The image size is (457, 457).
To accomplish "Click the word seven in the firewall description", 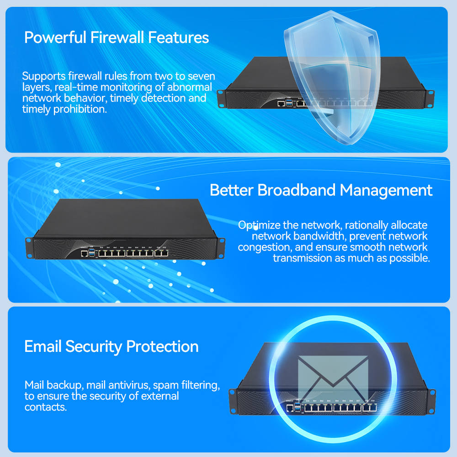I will [200, 76].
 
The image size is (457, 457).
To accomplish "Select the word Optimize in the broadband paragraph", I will [258, 225].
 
